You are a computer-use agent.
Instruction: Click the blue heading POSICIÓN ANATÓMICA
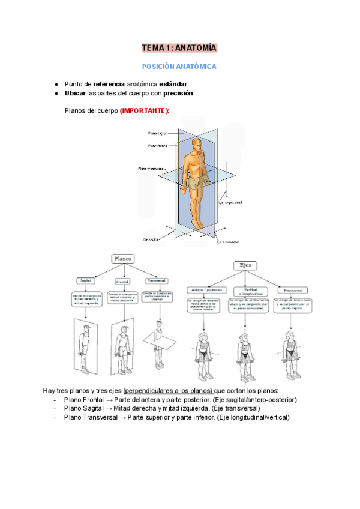click(x=179, y=67)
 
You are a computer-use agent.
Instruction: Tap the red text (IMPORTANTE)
click(x=145, y=111)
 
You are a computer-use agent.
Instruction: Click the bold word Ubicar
click(x=75, y=94)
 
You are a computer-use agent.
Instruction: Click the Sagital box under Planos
click(x=83, y=281)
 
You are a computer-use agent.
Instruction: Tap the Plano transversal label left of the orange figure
click(x=152, y=170)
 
